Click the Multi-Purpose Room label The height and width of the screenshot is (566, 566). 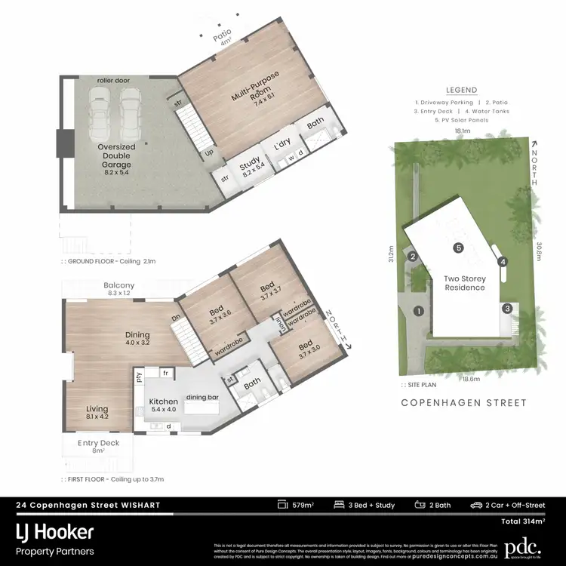coord(251,97)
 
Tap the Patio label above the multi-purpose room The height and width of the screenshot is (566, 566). coord(222,37)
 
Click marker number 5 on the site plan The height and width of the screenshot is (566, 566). coord(457,248)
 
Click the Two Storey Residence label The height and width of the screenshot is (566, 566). coord(464,283)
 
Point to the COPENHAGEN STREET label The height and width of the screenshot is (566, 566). coord(463,403)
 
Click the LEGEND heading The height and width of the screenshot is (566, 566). coord(461,89)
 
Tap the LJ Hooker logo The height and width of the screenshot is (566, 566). coord(55,531)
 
